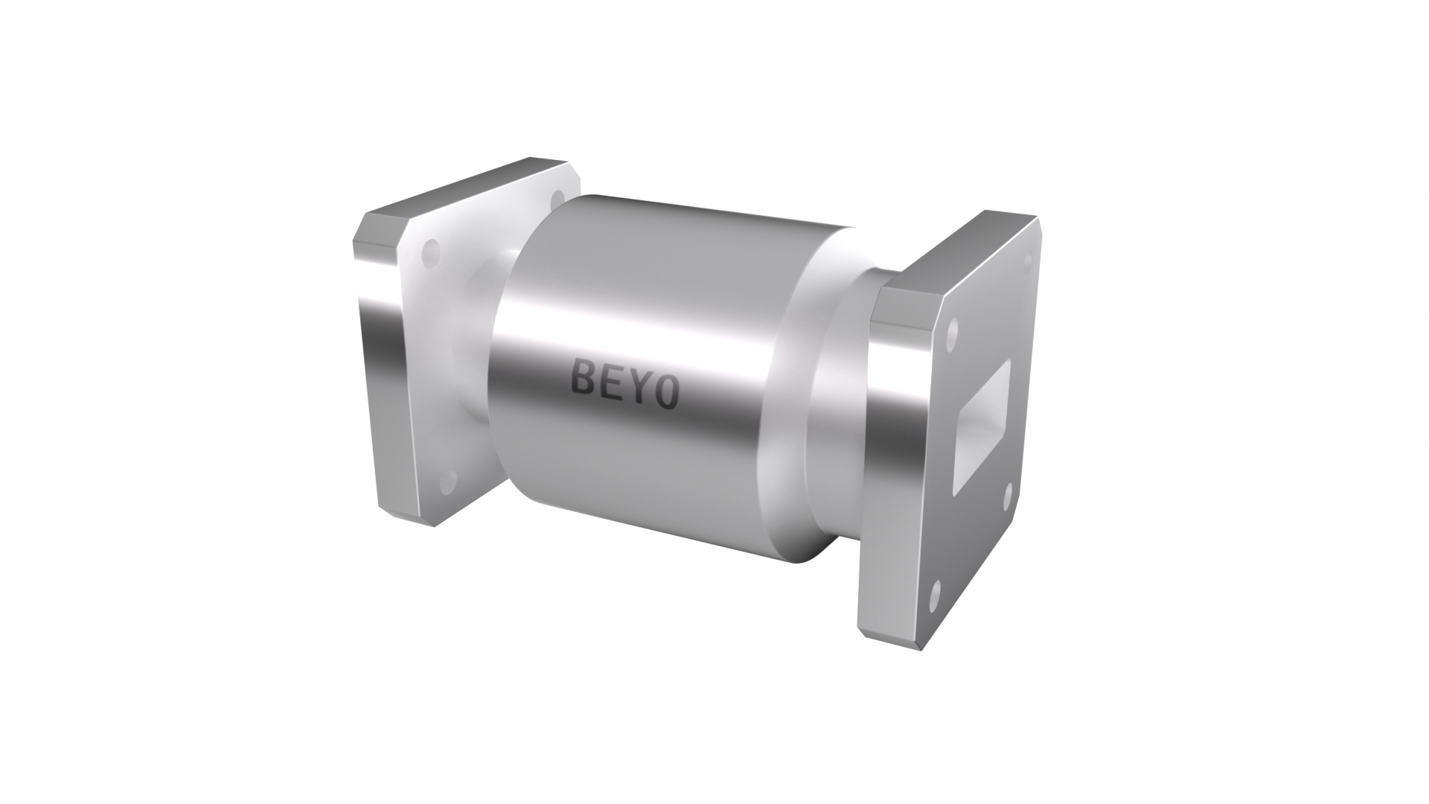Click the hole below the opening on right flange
[x=1007, y=494]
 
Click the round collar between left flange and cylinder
[x=465, y=342]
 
